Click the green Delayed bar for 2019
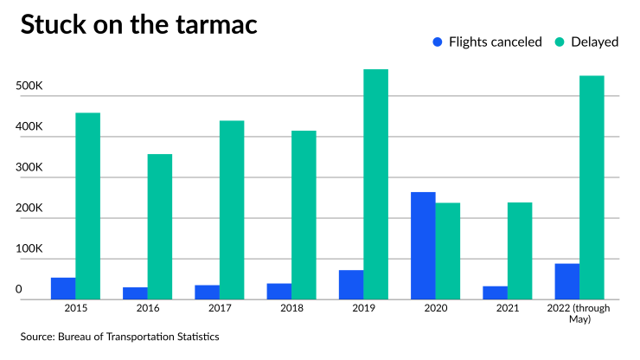(x=375, y=184)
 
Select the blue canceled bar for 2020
(x=423, y=246)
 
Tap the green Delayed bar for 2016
(x=159, y=227)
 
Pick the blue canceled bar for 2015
(x=63, y=288)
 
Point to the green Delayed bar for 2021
(x=519, y=251)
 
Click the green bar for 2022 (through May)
(x=592, y=188)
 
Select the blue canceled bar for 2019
(x=351, y=285)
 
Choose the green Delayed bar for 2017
(x=232, y=210)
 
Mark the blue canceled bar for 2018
(x=279, y=291)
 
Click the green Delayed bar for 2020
(x=447, y=251)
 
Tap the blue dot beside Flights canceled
(x=437, y=41)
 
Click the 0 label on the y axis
(x=18, y=289)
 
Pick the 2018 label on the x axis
(x=291, y=308)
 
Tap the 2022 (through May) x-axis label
(x=579, y=313)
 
